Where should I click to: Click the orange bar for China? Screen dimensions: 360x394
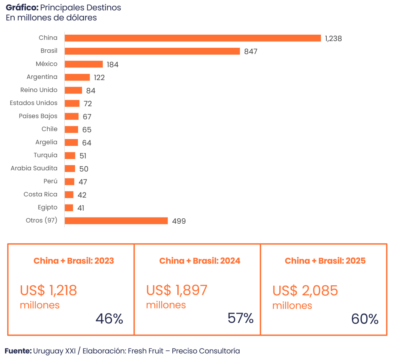click(193, 38)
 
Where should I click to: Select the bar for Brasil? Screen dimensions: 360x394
click(152, 51)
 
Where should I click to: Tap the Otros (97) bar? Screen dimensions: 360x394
click(116, 221)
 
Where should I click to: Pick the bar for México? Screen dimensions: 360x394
click(84, 64)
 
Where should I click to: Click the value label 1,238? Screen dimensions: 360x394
click(333, 39)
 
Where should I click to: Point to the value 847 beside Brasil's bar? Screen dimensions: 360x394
click(250, 52)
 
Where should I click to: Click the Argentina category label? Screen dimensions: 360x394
click(42, 77)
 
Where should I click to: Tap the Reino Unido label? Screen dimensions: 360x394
click(39, 90)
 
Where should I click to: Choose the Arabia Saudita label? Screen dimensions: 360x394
click(34, 168)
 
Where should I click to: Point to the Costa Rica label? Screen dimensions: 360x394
click(40, 194)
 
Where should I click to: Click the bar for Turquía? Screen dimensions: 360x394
click(70, 156)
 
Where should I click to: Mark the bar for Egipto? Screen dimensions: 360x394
click(69, 208)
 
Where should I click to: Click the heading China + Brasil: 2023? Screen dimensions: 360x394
click(74, 261)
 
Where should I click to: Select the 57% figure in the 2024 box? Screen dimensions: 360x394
click(240, 318)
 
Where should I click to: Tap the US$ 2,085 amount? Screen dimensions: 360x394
click(305, 290)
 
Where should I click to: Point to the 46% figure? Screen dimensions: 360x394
click(109, 319)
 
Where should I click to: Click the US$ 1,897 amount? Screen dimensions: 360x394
click(177, 290)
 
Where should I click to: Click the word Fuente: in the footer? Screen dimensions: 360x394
click(18, 351)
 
